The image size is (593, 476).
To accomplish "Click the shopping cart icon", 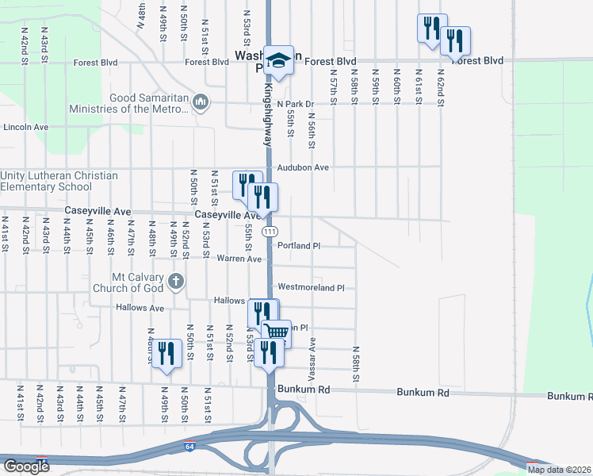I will click(277, 332).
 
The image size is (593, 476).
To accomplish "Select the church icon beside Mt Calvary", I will click(176, 281).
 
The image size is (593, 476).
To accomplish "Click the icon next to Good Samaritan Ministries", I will click(201, 102).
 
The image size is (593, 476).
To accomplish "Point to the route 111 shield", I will click(270, 231).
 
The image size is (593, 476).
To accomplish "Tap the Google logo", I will click(25, 466).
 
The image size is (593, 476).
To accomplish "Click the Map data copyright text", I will click(560, 470).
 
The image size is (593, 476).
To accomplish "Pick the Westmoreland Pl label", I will click(311, 287).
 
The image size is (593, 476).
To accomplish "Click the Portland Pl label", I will click(299, 246).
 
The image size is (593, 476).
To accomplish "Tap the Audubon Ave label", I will click(303, 167).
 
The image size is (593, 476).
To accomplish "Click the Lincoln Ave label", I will click(26, 127).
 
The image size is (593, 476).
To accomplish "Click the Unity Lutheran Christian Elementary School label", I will click(59, 182).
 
